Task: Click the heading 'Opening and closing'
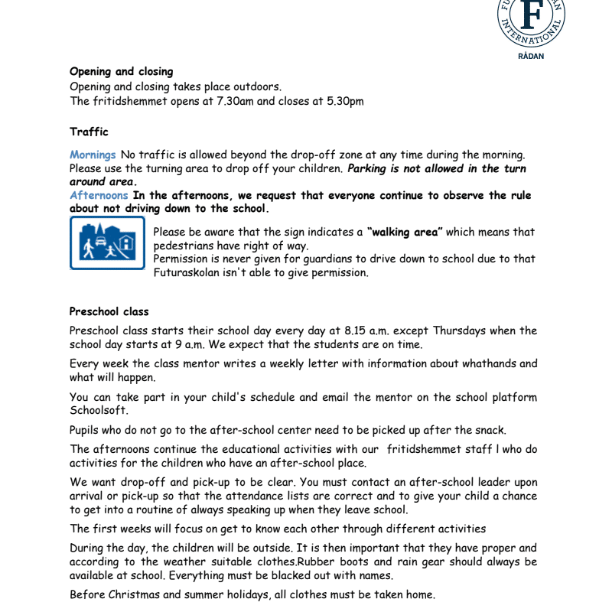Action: click(121, 72)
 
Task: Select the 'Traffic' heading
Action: click(89, 132)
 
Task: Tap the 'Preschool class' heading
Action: click(109, 311)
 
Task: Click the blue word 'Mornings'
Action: click(93, 155)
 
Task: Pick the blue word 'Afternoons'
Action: click(99, 195)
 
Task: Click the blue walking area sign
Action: click(107, 243)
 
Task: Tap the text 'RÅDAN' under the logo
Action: click(532, 56)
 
